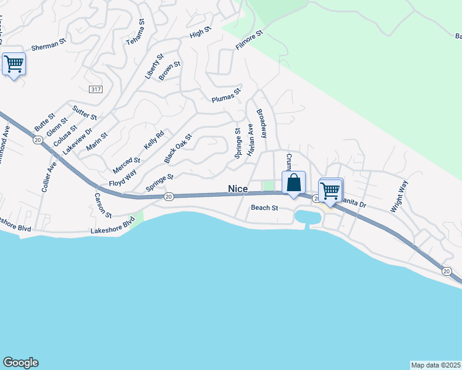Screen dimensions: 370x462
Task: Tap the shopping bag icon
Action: point(294,183)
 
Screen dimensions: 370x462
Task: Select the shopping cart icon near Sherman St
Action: point(14,64)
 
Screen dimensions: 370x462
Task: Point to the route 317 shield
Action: point(95,89)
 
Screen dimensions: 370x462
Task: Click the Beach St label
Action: point(264,208)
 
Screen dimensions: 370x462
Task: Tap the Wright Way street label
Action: point(398,196)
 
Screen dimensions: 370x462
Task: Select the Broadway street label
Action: point(262,123)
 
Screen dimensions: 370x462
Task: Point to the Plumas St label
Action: point(225,97)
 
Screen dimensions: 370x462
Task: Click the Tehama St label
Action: point(135,31)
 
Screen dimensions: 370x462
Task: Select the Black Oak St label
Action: point(178,149)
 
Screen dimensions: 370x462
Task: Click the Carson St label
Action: point(103,205)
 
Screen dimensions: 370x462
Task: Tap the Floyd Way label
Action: point(122,180)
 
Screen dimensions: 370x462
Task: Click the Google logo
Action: point(20,363)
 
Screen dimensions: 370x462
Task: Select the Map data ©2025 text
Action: point(436,365)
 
